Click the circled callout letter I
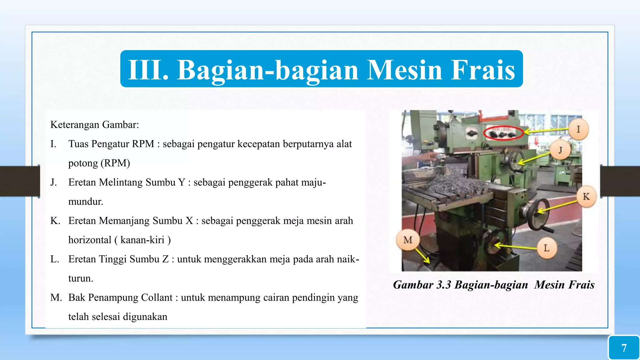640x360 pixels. click(x=578, y=129)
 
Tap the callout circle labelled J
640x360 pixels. click(x=560, y=150)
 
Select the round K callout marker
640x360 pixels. click(x=586, y=197)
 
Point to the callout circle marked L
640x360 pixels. click(x=547, y=248)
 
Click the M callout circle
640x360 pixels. click(x=408, y=240)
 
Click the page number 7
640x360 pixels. click(x=624, y=348)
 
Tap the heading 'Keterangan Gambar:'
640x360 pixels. click(x=95, y=125)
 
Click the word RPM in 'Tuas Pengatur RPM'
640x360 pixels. click(x=143, y=144)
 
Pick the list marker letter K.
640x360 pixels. click(x=55, y=221)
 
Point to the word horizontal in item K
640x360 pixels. click(x=90, y=240)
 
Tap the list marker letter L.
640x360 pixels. click(x=54, y=259)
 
